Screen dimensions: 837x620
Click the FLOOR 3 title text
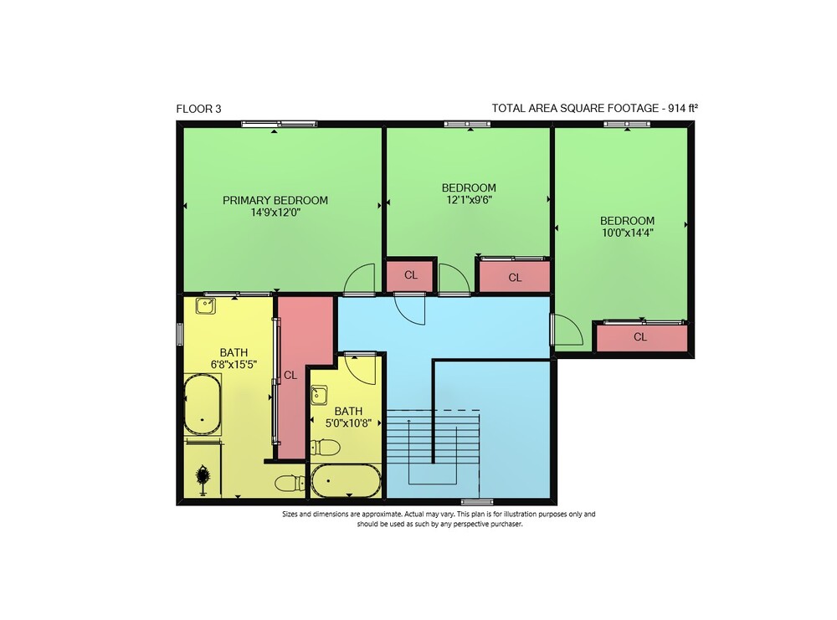tap(198, 109)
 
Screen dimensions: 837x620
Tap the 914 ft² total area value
tap(683, 108)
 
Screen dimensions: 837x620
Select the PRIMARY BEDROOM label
tap(275, 200)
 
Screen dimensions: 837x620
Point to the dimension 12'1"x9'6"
tap(469, 200)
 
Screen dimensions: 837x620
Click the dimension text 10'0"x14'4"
tap(627, 233)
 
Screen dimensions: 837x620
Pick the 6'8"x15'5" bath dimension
tap(234, 365)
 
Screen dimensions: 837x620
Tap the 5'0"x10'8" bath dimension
tap(348, 423)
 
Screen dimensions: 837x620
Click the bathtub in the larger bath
tap(203, 404)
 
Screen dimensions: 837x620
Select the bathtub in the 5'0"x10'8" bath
tap(346, 481)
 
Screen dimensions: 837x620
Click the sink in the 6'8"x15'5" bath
tap(206, 306)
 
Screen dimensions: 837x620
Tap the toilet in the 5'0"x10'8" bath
tap(325, 447)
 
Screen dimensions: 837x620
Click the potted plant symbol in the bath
tap(203, 478)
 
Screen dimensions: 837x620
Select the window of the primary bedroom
tap(280, 125)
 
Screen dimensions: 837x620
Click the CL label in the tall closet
tap(290, 375)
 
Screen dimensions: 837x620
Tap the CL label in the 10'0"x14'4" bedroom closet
tap(640, 336)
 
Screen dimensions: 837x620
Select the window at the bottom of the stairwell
tap(477, 501)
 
